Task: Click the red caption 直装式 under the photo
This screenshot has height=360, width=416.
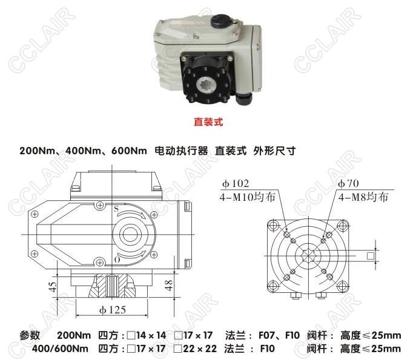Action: point(208,122)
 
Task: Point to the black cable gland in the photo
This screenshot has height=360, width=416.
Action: point(244,99)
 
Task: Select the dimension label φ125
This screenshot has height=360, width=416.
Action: point(112,309)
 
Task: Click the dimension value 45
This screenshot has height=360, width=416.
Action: point(53,286)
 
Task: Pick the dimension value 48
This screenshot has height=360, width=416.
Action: point(169,285)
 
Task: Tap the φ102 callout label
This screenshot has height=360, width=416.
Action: point(236,183)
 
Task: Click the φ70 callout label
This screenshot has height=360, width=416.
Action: point(348,183)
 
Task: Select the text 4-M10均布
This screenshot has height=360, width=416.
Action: point(247,197)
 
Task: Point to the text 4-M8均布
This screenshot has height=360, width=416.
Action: point(363,197)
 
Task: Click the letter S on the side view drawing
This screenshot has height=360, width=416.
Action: point(116,209)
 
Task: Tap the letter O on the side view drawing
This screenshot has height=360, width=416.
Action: point(117,260)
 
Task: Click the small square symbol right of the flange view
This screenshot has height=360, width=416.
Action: point(371,256)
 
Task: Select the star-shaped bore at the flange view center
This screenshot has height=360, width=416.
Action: point(308,255)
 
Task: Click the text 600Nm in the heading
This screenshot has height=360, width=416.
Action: point(129,151)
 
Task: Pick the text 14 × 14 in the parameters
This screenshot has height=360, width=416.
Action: point(151,335)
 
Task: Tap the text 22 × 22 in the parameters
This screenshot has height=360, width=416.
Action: point(200,349)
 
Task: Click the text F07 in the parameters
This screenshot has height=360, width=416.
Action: point(267,335)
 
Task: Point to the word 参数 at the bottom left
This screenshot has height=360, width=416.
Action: point(30,335)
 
